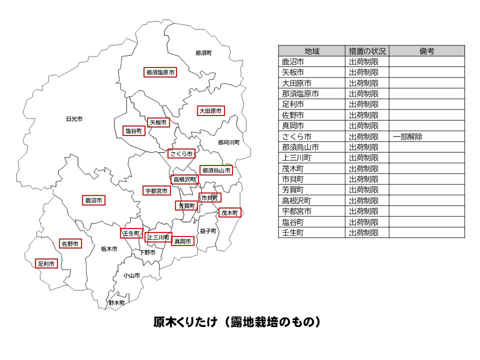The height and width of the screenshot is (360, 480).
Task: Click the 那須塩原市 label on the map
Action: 160,72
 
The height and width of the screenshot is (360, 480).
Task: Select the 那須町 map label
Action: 203,52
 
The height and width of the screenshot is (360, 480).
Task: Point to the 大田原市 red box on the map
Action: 210,111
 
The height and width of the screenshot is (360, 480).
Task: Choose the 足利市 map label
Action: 46,263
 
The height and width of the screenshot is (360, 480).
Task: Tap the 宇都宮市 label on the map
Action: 157,190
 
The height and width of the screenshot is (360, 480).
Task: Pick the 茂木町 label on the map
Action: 229,212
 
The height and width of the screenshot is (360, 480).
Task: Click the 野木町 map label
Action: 116,303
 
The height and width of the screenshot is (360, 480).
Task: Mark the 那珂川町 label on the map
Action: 228,142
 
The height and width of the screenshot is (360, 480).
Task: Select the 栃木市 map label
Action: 109,248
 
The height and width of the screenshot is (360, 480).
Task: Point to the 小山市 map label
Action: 132,275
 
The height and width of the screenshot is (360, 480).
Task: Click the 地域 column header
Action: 311,51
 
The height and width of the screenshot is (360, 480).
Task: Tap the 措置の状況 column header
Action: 367,51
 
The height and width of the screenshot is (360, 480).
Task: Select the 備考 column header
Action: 426,51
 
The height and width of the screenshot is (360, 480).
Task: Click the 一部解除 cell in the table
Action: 407,136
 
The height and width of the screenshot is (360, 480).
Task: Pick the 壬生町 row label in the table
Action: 293,232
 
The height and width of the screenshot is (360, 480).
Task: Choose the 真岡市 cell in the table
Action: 293,126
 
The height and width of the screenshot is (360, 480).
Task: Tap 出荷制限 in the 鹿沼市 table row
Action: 363,62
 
